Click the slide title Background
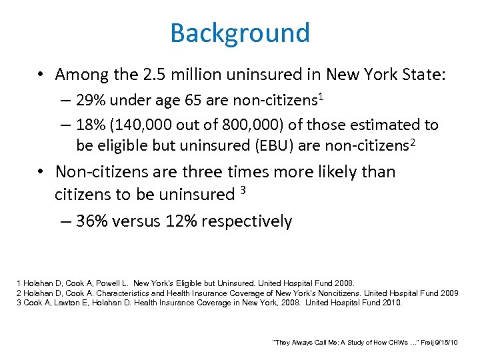click(240, 33)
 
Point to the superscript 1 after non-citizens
click(321, 97)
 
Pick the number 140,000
click(153, 125)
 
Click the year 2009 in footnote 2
click(449, 293)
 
